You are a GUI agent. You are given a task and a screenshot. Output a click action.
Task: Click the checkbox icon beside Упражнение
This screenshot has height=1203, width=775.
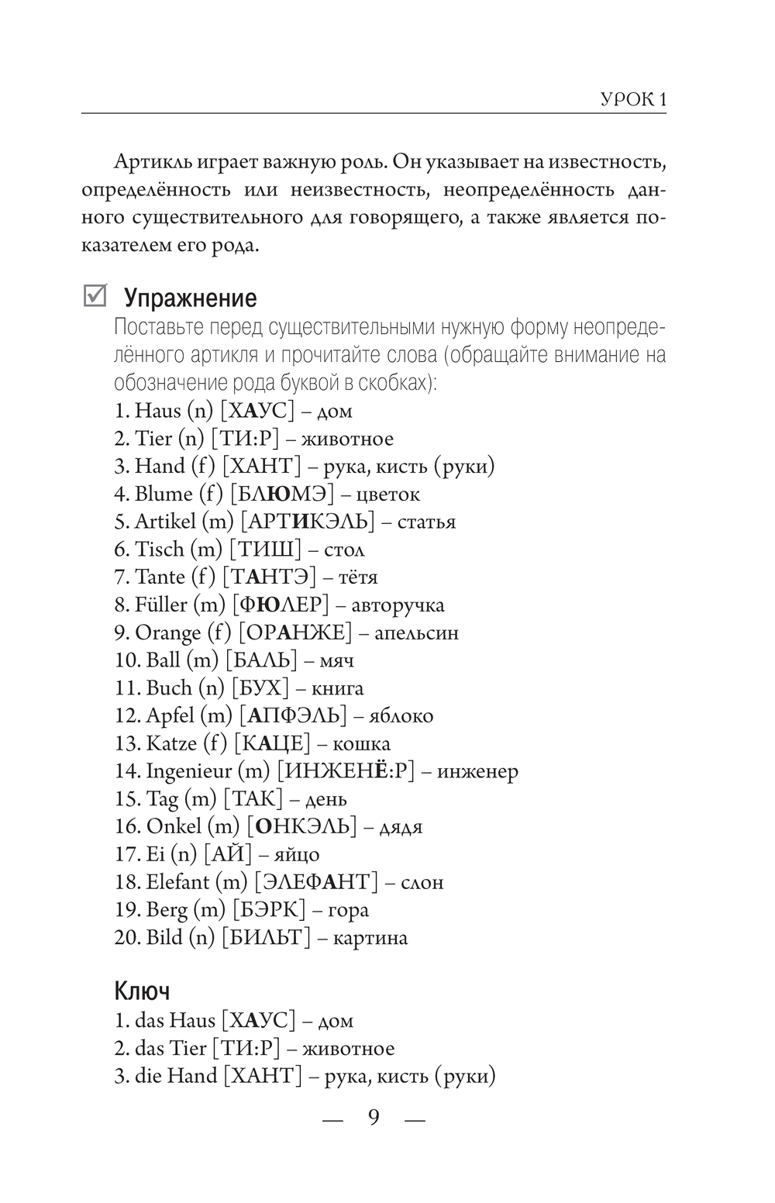(95, 296)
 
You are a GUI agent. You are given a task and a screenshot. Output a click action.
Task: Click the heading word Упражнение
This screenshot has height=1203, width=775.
(190, 298)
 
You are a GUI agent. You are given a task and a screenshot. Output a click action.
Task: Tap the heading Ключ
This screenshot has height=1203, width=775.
(142, 991)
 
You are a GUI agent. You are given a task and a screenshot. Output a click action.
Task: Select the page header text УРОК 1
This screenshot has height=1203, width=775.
(634, 100)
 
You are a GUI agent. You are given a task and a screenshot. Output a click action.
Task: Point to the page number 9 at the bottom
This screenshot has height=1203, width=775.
(374, 1118)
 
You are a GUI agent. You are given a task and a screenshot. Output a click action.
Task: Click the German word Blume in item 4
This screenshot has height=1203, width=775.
(164, 494)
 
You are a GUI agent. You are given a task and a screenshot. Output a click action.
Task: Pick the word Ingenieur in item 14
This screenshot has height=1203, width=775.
(188, 771)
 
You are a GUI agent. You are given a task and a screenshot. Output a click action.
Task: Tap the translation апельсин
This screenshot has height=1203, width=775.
(416, 633)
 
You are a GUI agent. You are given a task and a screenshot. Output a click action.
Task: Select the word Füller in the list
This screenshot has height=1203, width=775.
(161, 605)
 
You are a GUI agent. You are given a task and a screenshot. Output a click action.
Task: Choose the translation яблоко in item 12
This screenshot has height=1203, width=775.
(401, 716)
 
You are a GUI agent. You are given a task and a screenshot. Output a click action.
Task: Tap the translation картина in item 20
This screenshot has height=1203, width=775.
(370, 938)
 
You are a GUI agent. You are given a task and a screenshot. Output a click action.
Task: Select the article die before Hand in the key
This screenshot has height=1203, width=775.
(148, 1077)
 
